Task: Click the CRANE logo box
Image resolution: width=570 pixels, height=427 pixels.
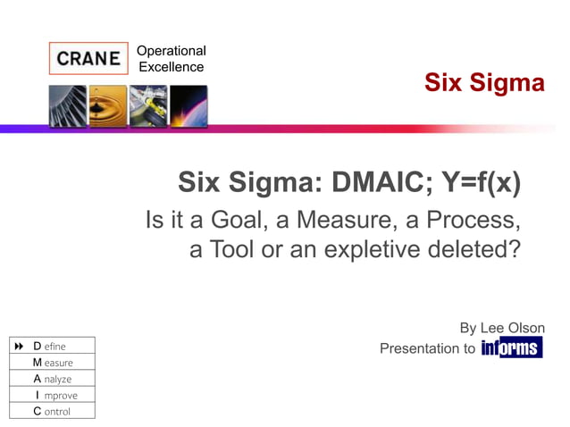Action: click(x=88, y=59)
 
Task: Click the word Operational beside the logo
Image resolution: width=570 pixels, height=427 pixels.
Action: click(x=171, y=51)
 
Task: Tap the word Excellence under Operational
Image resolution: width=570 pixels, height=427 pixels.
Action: click(x=171, y=67)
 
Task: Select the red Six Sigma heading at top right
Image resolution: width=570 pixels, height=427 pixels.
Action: click(x=483, y=83)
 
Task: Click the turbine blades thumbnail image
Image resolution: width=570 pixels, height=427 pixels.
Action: click(x=68, y=106)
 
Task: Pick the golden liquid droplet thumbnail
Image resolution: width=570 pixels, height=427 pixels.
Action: click(x=108, y=106)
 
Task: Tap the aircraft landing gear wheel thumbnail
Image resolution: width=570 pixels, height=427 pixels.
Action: click(x=147, y=106)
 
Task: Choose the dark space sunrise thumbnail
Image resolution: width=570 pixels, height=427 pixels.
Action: click(x=189, y=106)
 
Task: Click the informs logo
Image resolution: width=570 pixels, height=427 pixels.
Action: click(x=512, y=348)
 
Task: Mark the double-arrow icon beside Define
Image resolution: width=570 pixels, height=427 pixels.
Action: click(x=19, y=346)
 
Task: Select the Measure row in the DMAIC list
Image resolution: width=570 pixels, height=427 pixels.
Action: click(x=53, y=363)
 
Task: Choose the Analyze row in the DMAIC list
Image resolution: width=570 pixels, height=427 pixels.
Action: click(x=52, y=379)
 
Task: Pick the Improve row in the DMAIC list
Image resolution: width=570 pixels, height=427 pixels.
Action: click(x=52, y=395)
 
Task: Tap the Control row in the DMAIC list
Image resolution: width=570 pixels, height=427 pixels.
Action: click(x=52, y=411)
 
